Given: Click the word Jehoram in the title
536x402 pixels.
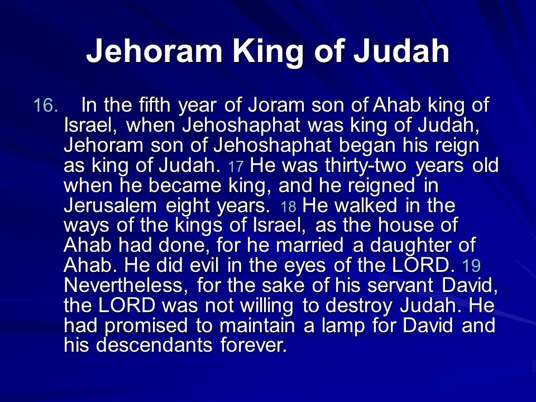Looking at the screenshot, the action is (x=155, y=51).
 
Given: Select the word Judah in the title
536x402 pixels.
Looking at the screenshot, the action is (x=401, y=51).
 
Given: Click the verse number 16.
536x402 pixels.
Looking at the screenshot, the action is (x=46, y=106).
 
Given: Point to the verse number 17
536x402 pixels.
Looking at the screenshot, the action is (x=236, y=167).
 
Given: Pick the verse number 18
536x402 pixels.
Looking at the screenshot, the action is (x=288, y=207).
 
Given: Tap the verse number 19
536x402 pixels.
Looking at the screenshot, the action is (x=471, y=266).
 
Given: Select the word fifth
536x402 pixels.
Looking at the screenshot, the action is (x=155, y=104).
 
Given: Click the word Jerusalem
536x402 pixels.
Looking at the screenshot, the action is (x=110, y=205).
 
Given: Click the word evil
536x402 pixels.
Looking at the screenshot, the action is (x=204, y=266).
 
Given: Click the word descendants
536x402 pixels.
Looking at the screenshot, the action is (x=154, y=345).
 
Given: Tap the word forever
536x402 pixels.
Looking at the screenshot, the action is (x=253, y=345).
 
